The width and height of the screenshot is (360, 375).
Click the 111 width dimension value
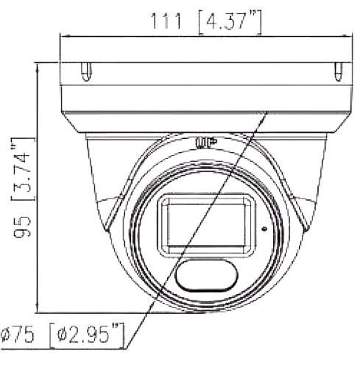166,21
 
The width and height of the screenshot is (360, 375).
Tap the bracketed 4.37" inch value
230,22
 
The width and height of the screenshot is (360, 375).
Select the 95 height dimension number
23,227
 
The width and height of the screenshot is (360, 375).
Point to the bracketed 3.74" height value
23,169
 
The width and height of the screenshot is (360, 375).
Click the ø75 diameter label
17,335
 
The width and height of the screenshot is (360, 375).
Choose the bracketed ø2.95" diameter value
88,335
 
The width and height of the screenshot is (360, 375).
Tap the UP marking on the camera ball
206,143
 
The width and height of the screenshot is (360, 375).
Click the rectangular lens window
206,225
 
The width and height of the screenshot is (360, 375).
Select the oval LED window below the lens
206,275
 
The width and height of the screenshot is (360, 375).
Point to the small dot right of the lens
264,229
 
